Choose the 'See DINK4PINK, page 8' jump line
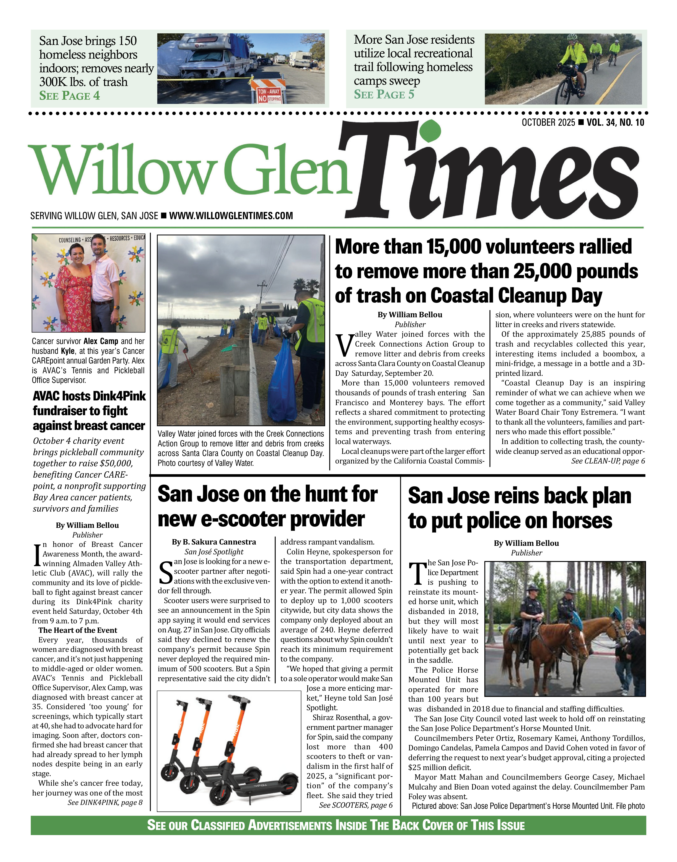pyautogui.click(x=105, y=803)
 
